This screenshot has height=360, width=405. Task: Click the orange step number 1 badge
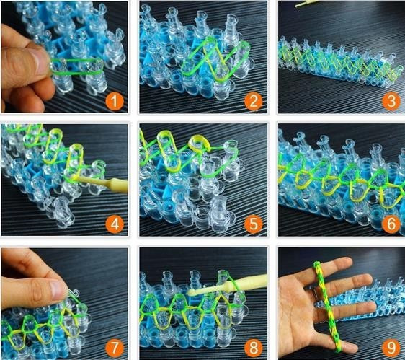[115, 102]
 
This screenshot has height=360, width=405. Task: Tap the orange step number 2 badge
[253, 102]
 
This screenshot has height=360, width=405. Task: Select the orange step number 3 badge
[391, 102]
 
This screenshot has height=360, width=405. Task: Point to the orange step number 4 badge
[115, 224]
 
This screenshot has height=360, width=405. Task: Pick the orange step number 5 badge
[253, 224]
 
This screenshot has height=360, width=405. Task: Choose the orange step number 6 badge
[391, 224]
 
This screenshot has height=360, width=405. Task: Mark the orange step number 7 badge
[115, 348]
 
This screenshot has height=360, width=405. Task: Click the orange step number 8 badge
[253, 348]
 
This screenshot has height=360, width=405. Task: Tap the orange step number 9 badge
[391, 348]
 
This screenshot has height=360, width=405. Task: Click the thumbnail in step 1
[39, 60]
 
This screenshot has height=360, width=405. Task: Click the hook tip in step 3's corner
[306, 3]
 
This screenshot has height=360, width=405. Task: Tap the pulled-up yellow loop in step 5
[198, 144]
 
